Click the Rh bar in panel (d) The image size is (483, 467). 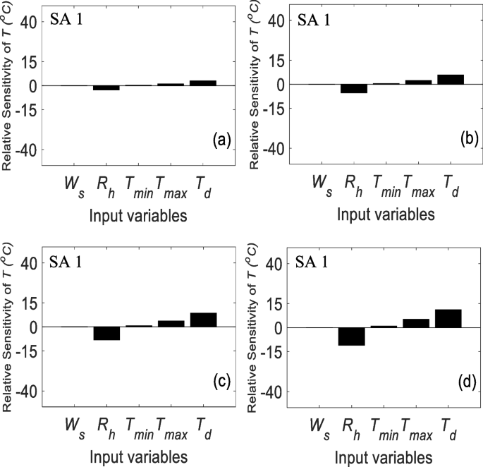(351, 336)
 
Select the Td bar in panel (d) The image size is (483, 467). (448, 319)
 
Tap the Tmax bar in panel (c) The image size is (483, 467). (171, 324)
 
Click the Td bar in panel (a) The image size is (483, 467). (203, 83)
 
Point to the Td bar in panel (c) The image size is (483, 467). (203, 320)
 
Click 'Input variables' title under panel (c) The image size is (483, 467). (138, 454)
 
